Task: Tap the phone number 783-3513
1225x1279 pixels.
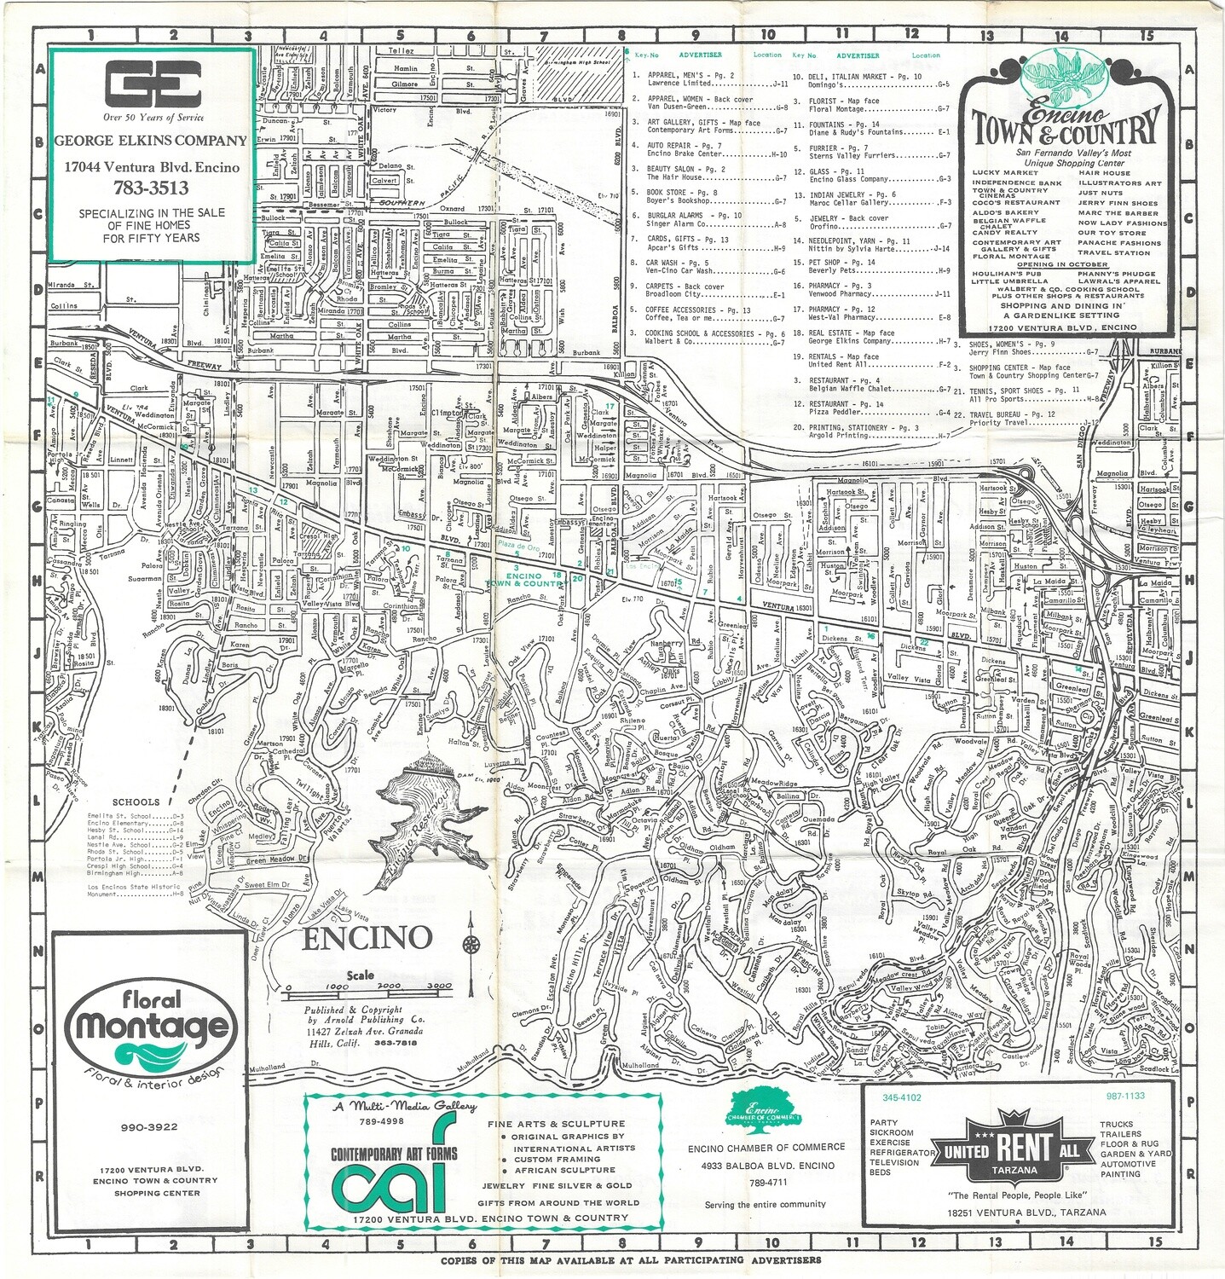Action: click(x=151, y=188)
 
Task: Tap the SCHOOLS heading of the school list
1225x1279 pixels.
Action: click(x=136, y=802)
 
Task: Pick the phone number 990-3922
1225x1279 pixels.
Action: click(x=149, y=1127)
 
